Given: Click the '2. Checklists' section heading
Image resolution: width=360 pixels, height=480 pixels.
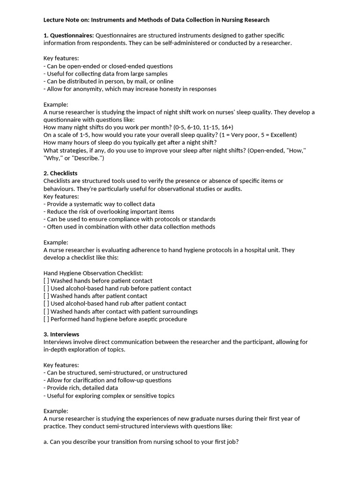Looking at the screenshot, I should [x=60, y=173].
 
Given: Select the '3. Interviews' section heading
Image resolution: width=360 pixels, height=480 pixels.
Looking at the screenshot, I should [x=61, y=334].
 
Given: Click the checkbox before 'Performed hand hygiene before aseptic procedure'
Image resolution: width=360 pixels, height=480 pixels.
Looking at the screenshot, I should [x=46, y=319].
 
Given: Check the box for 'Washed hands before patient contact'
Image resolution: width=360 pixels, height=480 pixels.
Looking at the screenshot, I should [x=46, y=281].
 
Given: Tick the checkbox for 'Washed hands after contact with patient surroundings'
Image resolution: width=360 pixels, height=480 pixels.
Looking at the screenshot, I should [x=46, y=311].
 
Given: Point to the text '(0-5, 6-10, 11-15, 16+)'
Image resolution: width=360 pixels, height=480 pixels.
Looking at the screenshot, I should [x=203, y=127].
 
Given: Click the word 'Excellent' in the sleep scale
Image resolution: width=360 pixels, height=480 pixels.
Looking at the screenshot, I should [x=280, y=135].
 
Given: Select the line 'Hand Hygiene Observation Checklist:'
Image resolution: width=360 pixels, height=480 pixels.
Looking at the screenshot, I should [x=93, y=273].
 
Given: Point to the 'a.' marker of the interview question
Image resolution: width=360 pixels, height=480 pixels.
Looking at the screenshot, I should [x=46, y=442].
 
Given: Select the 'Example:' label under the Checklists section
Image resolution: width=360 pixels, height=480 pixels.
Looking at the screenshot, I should [x=56, y=242].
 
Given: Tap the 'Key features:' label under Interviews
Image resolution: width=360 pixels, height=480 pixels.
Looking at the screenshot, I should [x=61, y=365].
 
